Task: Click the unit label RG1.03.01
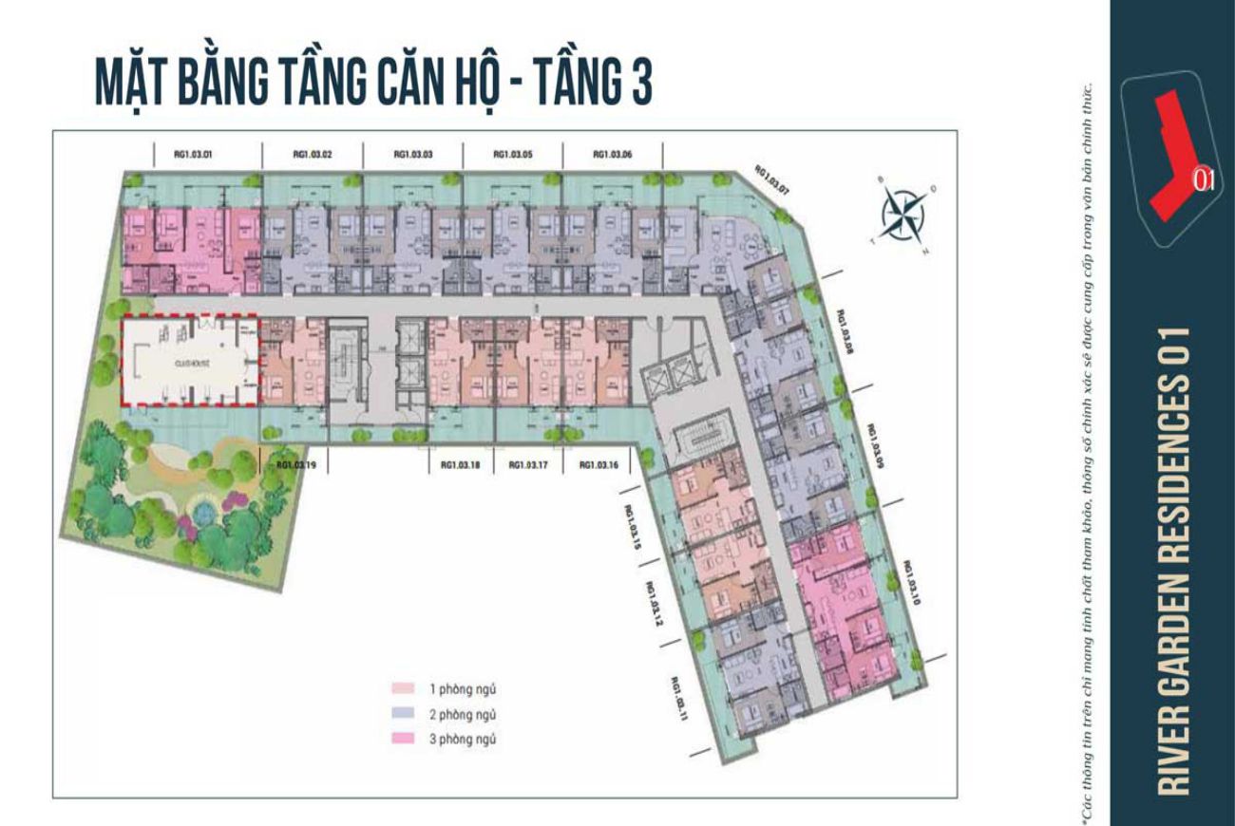(x=193, y=154)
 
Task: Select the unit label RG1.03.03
(x=412, y=154)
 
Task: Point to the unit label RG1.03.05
(x=512, y=154)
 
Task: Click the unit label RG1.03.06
(x=613, y=154)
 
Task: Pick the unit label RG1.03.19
(x=295, y=465)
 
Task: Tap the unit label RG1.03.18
(x=461, y=465)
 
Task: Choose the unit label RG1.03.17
(x=529, y=465)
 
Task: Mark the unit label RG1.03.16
(x=598, y=465)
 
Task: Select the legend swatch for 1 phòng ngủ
(x=403, y=688)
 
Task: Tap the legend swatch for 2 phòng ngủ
(x=403, y=713)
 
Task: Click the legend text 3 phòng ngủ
(x=463, y=738)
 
